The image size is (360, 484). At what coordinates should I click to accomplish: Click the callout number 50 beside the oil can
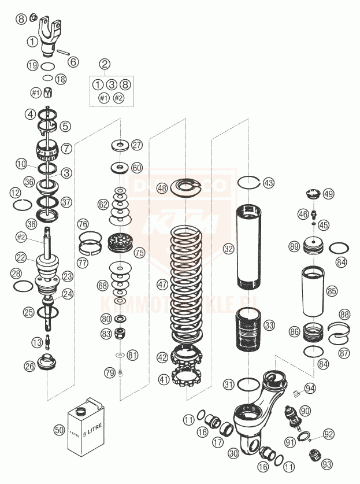(58, 430)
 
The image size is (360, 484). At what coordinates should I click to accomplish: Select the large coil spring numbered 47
(188, 283)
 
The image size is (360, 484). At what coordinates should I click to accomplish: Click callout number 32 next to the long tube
(229, 249)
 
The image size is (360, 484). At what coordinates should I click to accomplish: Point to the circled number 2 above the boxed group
(105, 64)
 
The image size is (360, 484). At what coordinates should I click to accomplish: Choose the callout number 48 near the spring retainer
(162, 188)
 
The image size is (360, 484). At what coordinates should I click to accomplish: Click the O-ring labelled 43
(252, 182)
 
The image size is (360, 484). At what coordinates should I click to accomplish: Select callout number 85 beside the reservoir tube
(332, 291)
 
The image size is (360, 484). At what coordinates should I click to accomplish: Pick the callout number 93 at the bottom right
(327, 463)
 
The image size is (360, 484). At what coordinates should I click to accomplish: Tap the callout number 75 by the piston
(139, 253)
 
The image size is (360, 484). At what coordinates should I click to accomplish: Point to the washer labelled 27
(121, 145)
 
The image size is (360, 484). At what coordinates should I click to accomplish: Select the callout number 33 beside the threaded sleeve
(269, 326)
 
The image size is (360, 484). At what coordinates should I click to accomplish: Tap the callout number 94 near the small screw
(310, 388)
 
